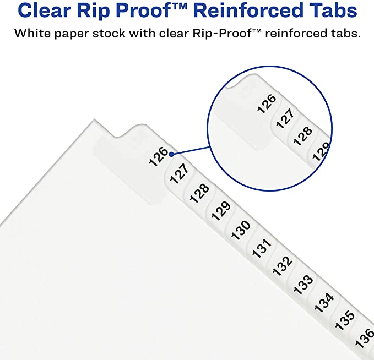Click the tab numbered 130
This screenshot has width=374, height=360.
pyautogui.click(x=241, y=228)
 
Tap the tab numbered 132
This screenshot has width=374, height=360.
pyautogui.click(x=283, y=266)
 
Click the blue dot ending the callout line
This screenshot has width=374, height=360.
pyautogui.click(x=172, y=154)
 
